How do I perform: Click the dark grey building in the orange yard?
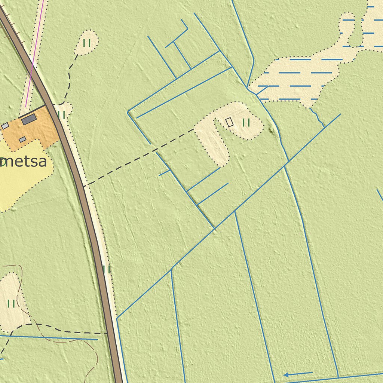tap(29, 119)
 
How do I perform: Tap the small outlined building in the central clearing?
tap(229, 122)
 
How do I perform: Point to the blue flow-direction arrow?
tap(298, 374)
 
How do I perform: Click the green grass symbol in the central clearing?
tap(246, 122)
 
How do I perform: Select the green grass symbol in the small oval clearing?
tap(87, 43)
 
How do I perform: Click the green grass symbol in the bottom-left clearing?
tap(11, 303)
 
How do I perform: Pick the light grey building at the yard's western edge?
tap(5, 126)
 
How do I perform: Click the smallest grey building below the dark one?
tap(22, 140)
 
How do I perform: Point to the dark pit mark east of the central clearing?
tap(272, 131)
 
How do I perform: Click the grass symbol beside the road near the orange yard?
tap(62, 115)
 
